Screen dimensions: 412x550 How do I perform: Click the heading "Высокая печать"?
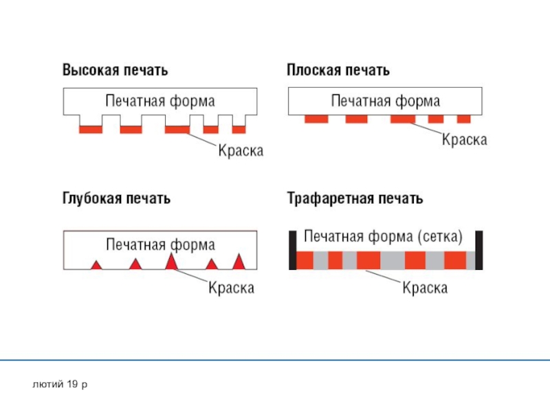point(115,70)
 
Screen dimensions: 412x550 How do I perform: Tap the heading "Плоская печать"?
point(338,70)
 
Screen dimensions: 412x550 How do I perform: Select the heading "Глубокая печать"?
point(117,199)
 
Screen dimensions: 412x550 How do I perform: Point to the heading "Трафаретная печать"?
point(355,199)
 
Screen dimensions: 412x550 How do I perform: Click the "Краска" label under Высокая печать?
point(241,150)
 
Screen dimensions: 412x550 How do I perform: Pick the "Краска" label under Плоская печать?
point(464,140)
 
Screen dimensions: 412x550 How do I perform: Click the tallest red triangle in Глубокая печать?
point(172,262)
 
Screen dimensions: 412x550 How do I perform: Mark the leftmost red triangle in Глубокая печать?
point(97,264)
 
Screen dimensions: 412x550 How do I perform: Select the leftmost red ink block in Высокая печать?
point(91,129)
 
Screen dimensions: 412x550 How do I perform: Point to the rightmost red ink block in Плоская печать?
point(463,119)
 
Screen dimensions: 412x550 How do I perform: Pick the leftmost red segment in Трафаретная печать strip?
point(305,260)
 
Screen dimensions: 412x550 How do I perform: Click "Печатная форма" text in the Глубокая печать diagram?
point(160,244)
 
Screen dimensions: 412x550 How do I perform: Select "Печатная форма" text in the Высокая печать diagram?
point(160,101)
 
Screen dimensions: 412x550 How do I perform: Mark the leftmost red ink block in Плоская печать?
point(316,119)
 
